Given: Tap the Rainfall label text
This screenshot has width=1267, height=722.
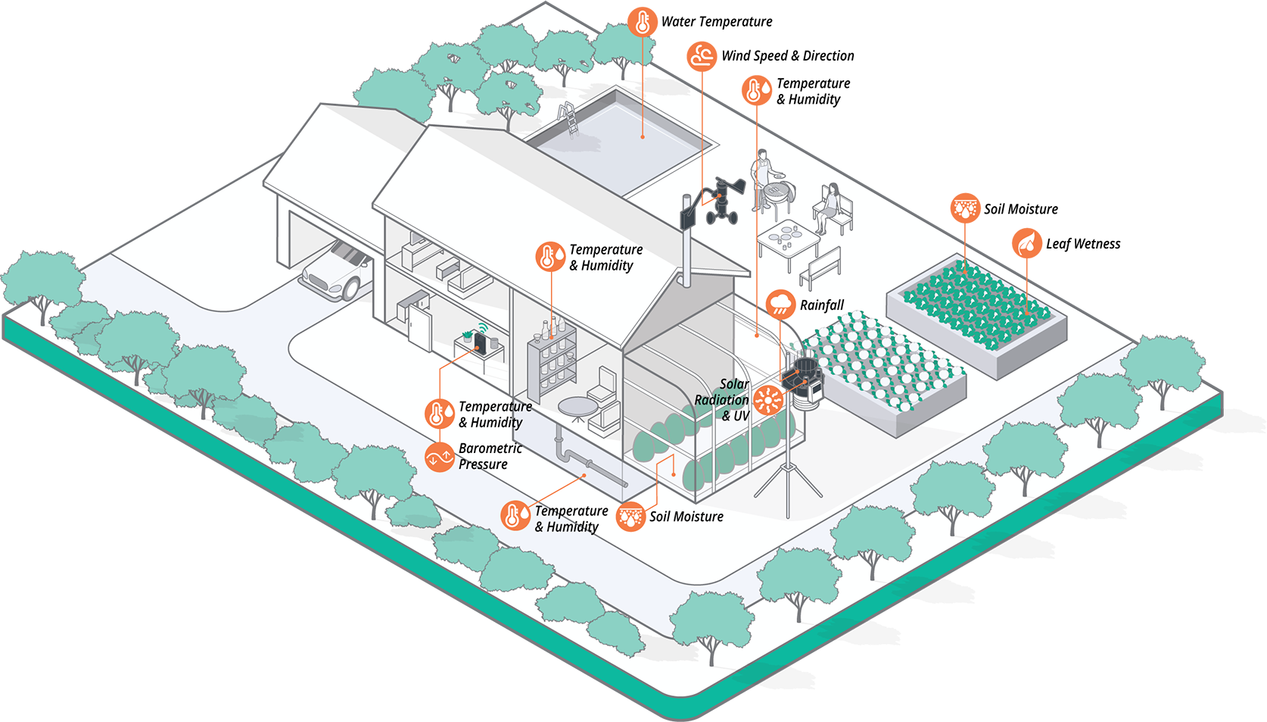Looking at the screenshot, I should pyautogui.click(x=821, y=305).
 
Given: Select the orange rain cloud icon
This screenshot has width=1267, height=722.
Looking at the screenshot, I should pyautogui.click(x=780, y=305).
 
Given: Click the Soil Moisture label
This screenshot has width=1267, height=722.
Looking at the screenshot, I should pyautogui.click(x=686, y=517).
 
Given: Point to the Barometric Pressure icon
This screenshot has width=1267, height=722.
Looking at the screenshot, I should pyautogui.click(x=439, y=457).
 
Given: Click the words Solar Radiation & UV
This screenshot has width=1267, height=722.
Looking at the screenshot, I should pyautogui.click(x=724, y=400).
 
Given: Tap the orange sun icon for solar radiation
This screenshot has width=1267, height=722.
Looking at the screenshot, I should pyautogui.click(x=767, y=399).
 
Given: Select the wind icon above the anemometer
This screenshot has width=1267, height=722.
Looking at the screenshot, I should pyautogui.click(x=702, y=56).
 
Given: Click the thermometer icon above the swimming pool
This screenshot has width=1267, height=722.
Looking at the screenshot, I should pyautogui.click(x=643, y=23).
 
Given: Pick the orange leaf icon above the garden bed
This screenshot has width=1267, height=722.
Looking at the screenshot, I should pyautogui.click(x=1027, y=243).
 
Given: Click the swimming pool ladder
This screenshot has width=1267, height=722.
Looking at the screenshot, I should pyautogui.click(x=569, y=119).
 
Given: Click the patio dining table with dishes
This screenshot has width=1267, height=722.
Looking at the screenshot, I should pyautogui.click(x=788, y=241).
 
